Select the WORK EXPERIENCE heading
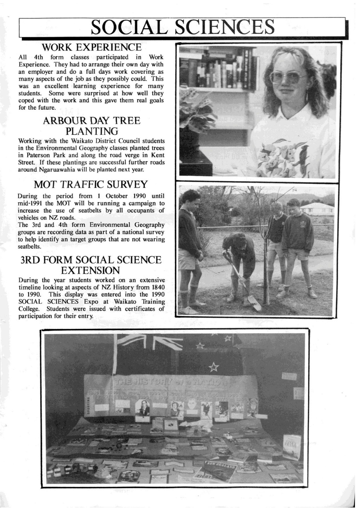tap(91, 47)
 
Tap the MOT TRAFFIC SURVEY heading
tap(91, 184)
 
